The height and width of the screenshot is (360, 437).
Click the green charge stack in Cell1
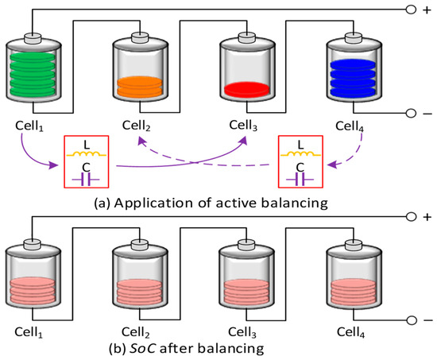click(33, 74)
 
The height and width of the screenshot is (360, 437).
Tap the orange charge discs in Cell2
click(140, 87)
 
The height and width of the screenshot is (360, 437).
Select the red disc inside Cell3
click(247, 89)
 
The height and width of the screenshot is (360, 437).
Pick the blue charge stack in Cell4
click(353, 78)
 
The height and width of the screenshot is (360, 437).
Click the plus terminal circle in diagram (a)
click(411, 10)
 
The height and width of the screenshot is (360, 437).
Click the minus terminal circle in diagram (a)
click(411, 113)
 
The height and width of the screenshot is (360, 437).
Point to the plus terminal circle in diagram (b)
click(411, 217)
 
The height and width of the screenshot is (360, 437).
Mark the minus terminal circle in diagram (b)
click(411, 320)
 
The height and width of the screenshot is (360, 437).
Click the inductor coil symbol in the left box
click(87, 154)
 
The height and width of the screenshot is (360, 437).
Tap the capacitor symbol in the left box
click(86, 180)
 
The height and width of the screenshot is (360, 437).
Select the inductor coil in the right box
click(300, 154)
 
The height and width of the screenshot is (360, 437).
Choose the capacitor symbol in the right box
click(300, 180)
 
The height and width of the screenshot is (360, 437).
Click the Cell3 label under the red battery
click(243, 126)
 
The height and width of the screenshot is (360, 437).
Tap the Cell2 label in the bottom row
click(136, 332)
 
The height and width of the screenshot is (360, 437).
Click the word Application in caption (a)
click(153, 203)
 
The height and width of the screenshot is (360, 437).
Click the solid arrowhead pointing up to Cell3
click(244, 140)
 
